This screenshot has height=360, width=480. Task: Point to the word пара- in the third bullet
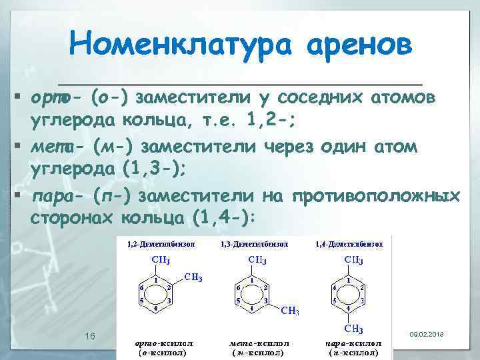[57, 196]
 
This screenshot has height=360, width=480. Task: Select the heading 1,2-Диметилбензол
[162, 244]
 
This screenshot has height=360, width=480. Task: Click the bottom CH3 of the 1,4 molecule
[353, 329]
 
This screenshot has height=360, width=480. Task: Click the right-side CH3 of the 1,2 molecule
[193, 277]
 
